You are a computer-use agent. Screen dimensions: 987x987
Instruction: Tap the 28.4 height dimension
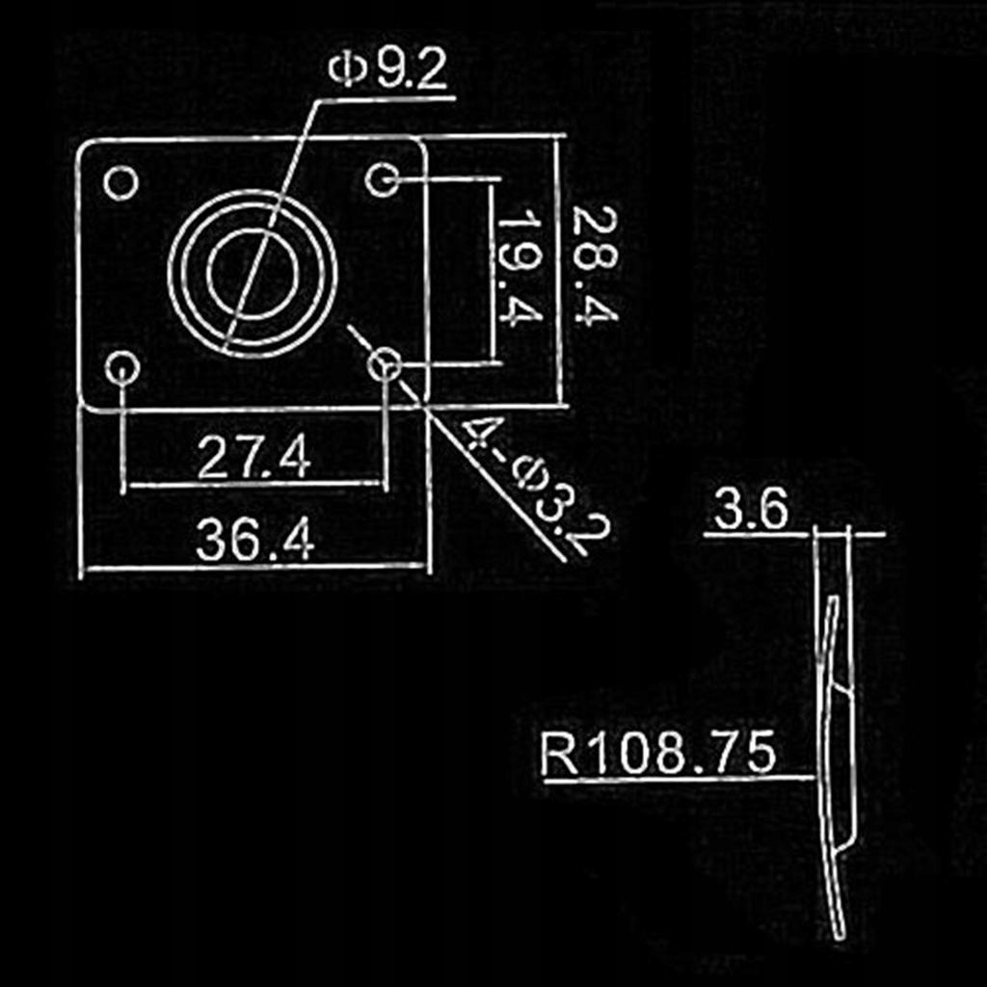click(x=594, y=267)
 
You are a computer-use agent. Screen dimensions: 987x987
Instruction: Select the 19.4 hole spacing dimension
click(x=518, y=269)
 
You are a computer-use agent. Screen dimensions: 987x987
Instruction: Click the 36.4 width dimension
click(x=254, y=540)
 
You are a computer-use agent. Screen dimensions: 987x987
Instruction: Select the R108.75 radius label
click(x=658, y=754)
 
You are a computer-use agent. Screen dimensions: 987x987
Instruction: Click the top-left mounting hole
click(x=120, y=182)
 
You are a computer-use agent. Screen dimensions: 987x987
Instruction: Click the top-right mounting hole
click(x=384, y=179)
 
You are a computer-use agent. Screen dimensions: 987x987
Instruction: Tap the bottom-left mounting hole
click(x=122, y=367)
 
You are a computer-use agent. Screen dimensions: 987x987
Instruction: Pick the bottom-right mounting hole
click(x=386, y=364)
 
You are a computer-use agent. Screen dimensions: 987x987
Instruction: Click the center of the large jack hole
click(x=253, y=274)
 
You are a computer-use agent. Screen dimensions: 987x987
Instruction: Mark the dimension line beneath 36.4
click(x=254, y=568)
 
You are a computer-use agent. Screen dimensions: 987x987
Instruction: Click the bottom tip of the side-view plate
click(x=840, y=933)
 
